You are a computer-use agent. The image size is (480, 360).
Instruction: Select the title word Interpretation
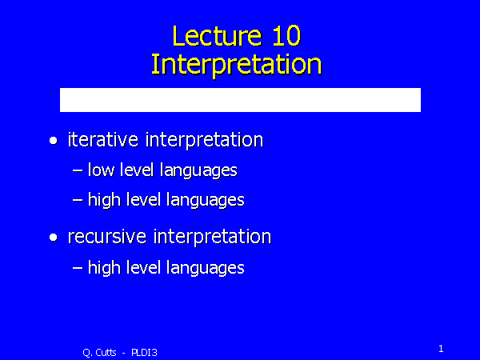click(236, 64)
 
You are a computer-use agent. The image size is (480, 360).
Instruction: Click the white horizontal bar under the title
click(240, 100)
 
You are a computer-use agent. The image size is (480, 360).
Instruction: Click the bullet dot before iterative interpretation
click(54, 142)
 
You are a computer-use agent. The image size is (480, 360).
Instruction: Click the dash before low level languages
click(77, 170)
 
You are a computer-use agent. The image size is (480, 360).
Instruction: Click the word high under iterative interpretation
click(103, 199)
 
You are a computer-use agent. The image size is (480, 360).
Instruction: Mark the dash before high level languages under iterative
click(77, 200)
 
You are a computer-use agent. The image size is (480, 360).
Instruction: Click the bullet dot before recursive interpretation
click(54, 238)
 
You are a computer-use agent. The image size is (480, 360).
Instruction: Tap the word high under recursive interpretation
click(103, 268)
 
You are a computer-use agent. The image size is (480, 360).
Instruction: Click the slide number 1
click(441, 347)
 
